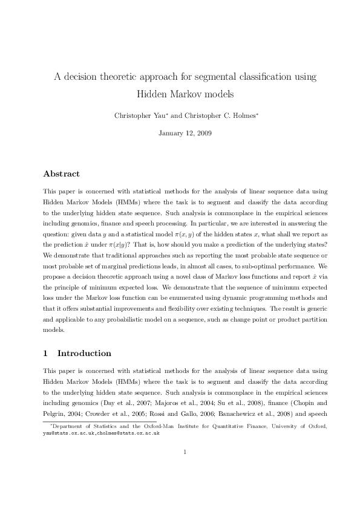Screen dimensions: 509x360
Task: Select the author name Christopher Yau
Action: pos(138,114)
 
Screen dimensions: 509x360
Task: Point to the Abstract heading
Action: pos(61,173)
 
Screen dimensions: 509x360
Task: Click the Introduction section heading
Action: pos(84,353)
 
